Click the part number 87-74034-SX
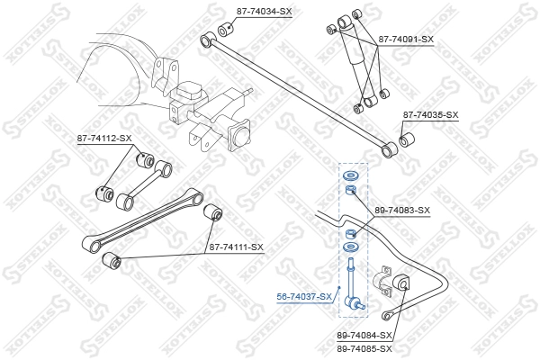[x=264, y=12]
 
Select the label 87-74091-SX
[x=406, y=40]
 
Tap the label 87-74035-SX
[x=430, y=115]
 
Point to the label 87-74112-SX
[x=103, y=138]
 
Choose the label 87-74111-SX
[x=236, y=247]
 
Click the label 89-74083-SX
[x=402, y=210]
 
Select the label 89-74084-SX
[x=364, y=334]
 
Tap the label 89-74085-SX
[x=364, y=347]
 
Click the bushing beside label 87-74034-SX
[x=225, y=23]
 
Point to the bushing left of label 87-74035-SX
[x=406, y=139]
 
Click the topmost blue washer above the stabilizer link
[x=350, y=174]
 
